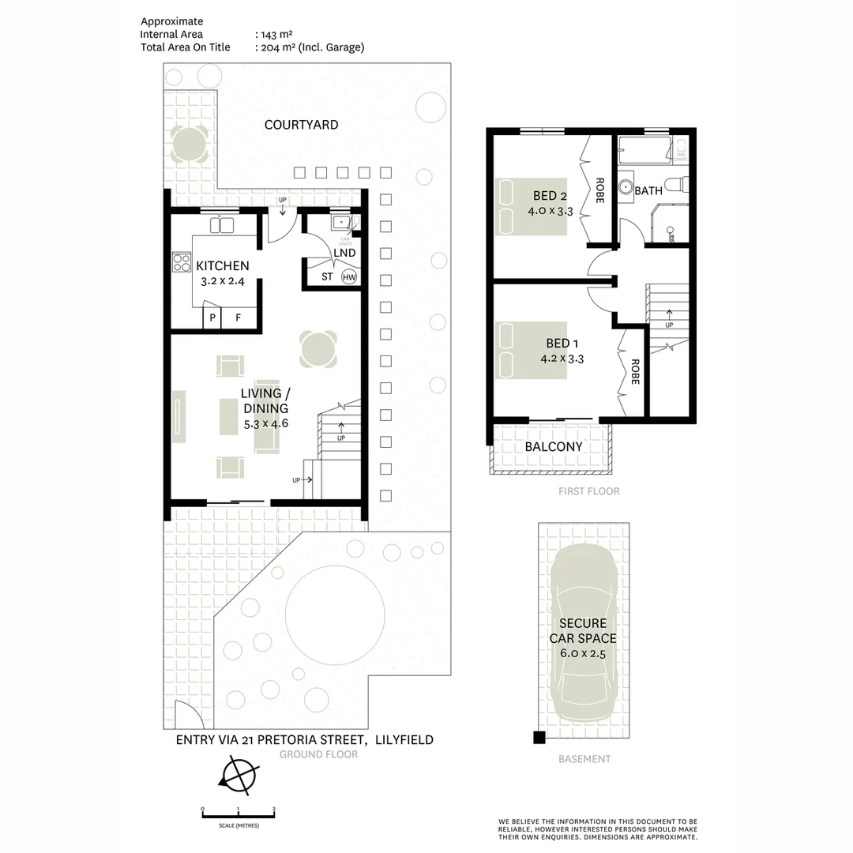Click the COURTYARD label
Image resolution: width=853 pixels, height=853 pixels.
301,125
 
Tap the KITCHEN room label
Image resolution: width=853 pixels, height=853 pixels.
223,266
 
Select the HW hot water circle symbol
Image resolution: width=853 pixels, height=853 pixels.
348,277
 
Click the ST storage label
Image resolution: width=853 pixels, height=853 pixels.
327,277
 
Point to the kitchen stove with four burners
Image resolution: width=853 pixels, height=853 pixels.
182,261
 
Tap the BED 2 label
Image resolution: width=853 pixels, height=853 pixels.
550,197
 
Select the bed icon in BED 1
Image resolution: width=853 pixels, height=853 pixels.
531,350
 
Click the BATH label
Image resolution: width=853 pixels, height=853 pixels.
648,191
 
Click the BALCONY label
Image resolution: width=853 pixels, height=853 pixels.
554,447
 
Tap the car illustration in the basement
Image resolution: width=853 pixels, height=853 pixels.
584,632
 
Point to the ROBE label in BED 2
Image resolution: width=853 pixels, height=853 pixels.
599,190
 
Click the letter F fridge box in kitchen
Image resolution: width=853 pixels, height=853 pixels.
239,318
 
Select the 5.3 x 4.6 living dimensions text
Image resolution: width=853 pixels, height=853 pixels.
266,423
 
